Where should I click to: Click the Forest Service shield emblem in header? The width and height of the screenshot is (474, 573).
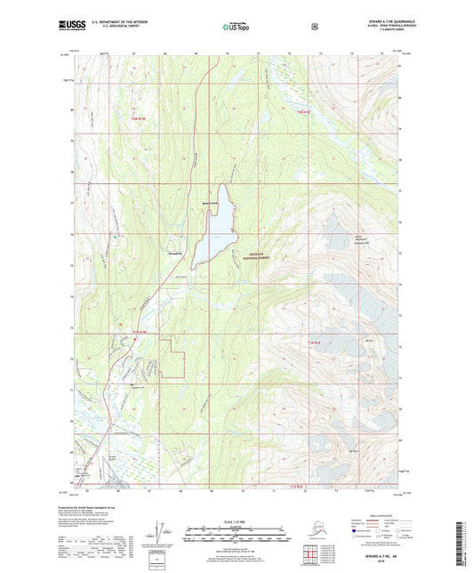(314, 27)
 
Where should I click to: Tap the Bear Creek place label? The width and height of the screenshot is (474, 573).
(210, 202)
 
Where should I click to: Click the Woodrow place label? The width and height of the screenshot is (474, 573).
(176, 254)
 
